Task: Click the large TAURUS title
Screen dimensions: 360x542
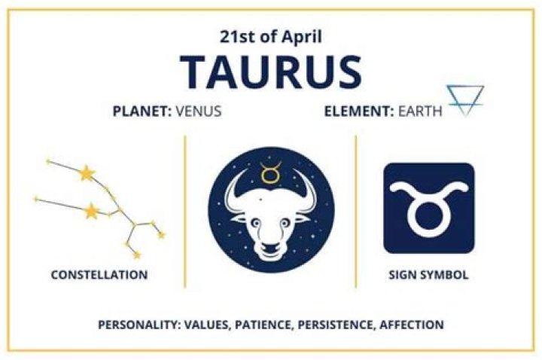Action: pyautogui.click(x=271, y=70)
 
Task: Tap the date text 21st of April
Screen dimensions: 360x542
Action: pyautogui.click(x=270, y=35)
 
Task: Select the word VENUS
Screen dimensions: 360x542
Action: pyautogui.click(x=199, y=112)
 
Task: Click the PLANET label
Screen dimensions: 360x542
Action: pyautogui.click(x=142, y=112)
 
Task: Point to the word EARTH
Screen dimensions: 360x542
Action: pyautogui.click(x=422, y=112)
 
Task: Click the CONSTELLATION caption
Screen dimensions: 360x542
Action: pyautogui.click(x=99, y=275)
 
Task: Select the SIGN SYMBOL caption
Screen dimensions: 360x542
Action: pyautogui.click(x=428, y=275)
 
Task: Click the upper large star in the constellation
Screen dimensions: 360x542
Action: pyautogui.click(x=87, y=174)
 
